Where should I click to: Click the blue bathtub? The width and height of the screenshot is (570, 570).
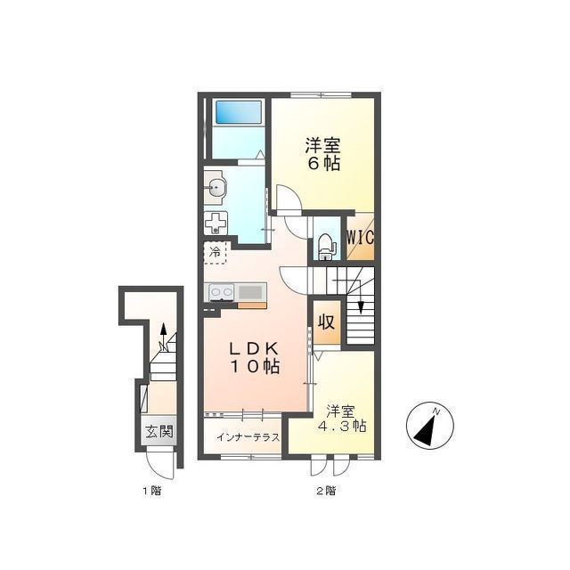239,112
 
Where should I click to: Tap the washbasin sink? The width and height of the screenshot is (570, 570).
215,188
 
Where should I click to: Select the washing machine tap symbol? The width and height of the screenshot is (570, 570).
216,223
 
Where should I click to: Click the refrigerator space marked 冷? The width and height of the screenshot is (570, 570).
216,252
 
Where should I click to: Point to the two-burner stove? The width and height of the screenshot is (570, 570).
222,292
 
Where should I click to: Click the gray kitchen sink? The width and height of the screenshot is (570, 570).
250,292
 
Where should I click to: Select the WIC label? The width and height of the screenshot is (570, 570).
360,238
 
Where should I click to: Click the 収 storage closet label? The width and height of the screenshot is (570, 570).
327,322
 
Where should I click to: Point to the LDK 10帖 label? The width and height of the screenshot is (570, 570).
254,358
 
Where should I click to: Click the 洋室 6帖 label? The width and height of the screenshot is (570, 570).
322,154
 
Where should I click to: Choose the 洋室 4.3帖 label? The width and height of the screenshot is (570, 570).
342,419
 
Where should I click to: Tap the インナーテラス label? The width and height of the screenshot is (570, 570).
248,437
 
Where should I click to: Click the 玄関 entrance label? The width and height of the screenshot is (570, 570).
159,431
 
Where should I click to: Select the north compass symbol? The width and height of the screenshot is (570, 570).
430,426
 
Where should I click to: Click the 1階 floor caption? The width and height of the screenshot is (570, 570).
151,492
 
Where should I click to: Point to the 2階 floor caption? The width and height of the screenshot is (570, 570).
326,491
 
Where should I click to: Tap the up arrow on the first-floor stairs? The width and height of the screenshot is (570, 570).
164,337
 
